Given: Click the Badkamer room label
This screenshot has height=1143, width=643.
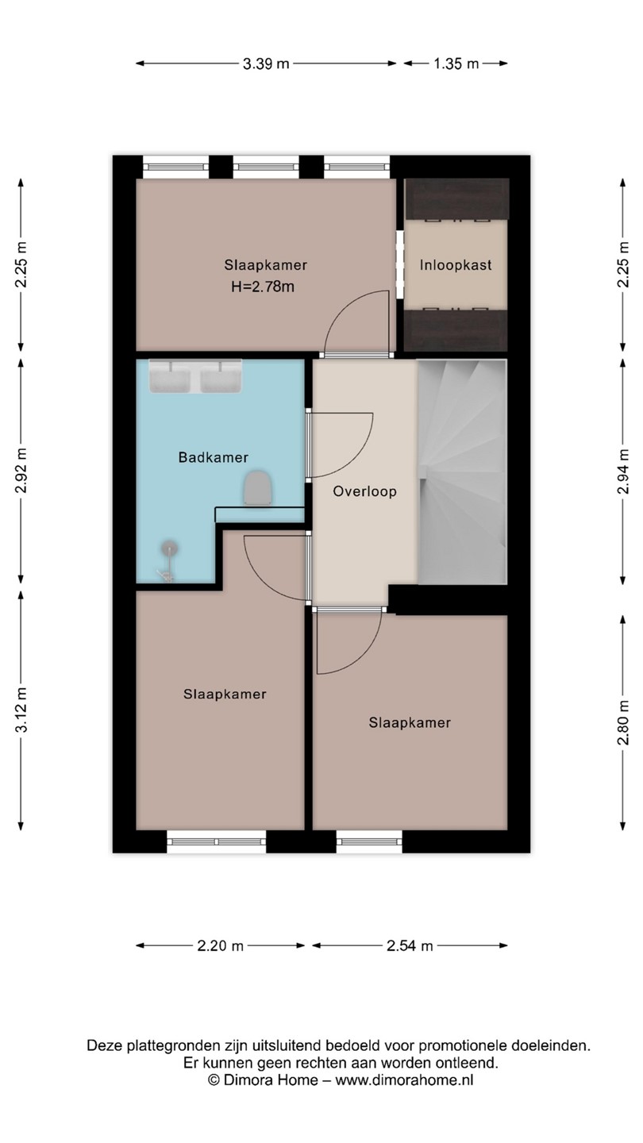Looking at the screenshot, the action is [x=214, y=457].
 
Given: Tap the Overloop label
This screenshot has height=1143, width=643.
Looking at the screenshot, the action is [x=364, y=491].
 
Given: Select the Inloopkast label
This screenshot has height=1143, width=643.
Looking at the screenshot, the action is [x=456, y=265].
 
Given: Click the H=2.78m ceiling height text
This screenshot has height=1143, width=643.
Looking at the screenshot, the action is [x=263, y=287].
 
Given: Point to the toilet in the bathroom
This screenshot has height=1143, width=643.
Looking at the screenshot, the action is [x=258, y=488].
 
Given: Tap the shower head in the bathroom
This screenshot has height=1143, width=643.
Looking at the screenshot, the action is [x=169, y=548].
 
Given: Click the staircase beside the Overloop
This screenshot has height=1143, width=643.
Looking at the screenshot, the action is [x=462, y=471].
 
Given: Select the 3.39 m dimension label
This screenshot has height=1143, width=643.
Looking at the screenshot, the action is [x=266, y=63].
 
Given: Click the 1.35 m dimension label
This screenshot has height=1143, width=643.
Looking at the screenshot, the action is [x=456, y=63].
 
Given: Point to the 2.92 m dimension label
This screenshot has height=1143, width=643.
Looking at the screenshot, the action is [x=21, y=470].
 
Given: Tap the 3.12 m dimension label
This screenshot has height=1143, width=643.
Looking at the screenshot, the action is [x=21, y=710].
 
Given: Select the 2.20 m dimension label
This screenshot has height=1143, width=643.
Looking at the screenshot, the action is [x=221, y=945].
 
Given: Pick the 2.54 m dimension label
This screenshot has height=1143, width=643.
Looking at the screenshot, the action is [x=410, y=945].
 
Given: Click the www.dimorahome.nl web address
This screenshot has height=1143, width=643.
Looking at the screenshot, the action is [x=404, y=1079].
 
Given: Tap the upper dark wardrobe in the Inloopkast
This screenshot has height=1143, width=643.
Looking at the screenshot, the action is [x=456, y=200].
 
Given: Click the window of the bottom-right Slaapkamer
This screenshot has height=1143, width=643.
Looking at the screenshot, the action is [x=369, y=841].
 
